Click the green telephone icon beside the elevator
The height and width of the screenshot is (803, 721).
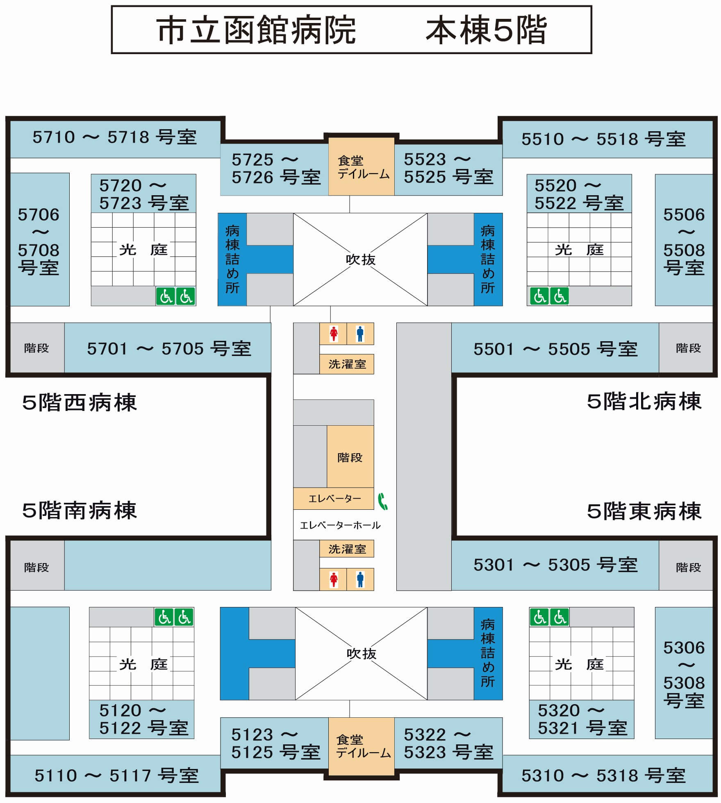click(x=383, y=501)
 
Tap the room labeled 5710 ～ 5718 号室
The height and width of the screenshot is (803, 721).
click(x=115, y=137)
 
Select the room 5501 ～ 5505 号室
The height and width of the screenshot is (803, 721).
click(x=555, y=348)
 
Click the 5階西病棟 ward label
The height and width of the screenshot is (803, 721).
click(x=80, y=402)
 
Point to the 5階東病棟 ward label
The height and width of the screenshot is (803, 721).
click(x=644, y=511)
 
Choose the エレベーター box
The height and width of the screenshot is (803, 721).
click(x=334, y=499)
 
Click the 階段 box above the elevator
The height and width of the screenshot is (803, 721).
click(x=350, y=456)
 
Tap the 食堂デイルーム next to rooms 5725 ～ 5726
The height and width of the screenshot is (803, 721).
click(x=362, y=167)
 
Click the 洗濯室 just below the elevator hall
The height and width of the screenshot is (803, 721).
click(x=347, y=549)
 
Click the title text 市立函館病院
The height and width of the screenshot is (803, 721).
click(x=256, y=30)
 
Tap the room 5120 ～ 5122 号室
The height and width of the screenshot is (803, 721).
click(x=142, y=719)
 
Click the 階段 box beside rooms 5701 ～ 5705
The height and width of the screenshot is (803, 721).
click(x=37, y=348)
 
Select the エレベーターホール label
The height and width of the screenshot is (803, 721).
click(x=340, y=525)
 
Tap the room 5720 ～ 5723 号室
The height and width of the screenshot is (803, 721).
click(x=143, y=194)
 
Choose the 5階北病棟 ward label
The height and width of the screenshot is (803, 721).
click(x=644, y=401)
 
